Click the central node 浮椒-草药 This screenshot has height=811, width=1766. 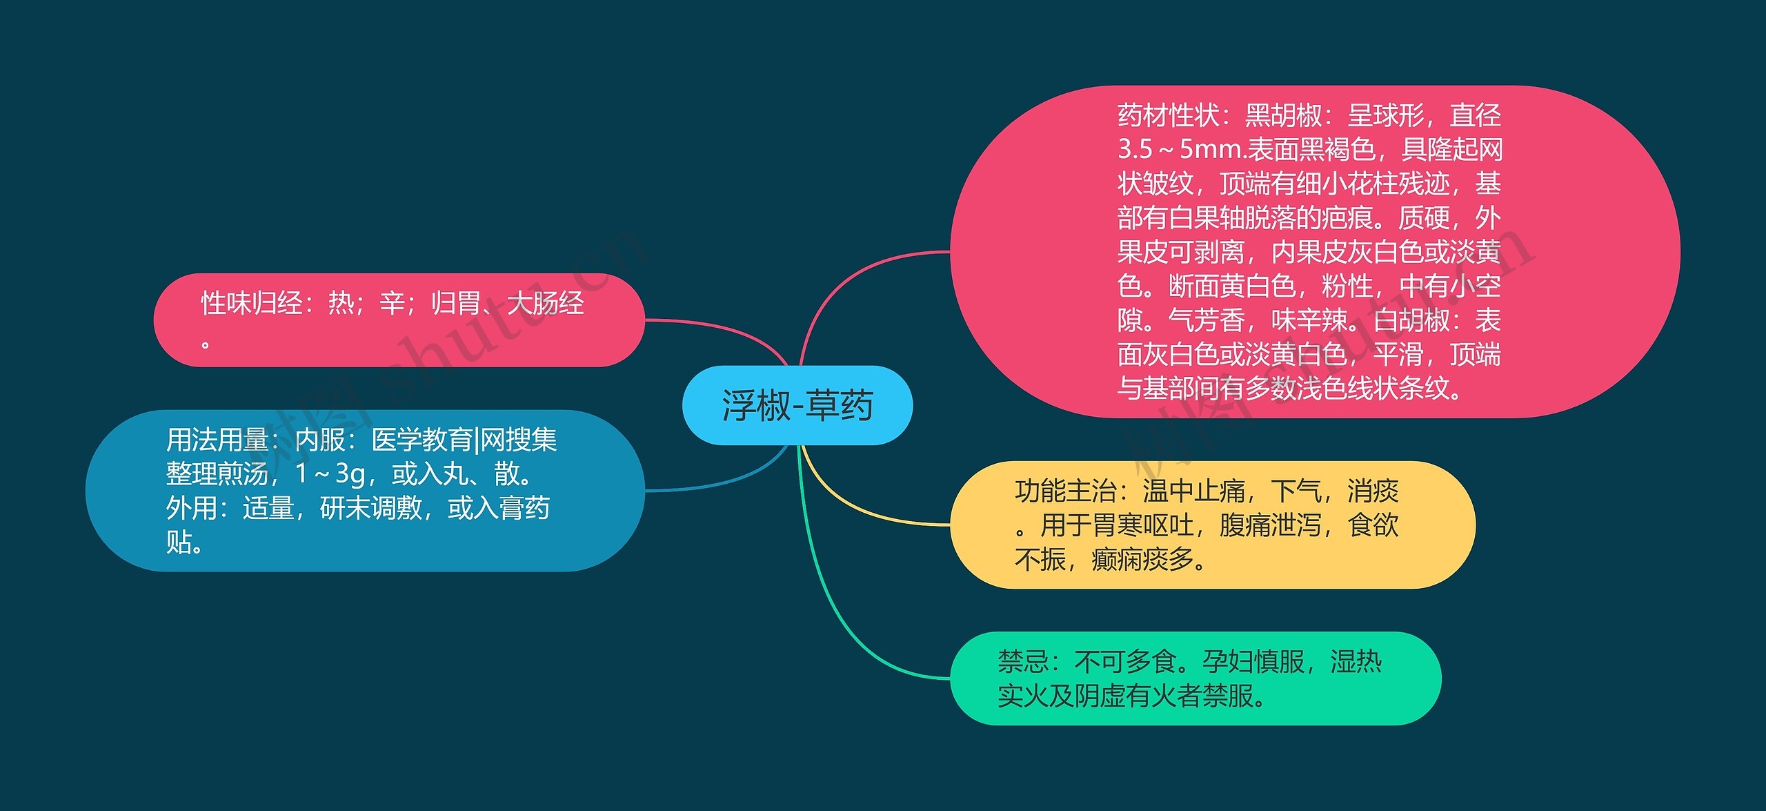pos(797,405)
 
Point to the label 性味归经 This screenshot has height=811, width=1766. pos(252,303)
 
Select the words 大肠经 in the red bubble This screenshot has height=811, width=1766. pos(546,303)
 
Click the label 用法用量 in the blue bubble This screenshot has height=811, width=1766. pos(217,440)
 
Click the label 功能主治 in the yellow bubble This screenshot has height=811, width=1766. pos(1066,491)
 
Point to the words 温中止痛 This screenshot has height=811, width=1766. pos(1194,491)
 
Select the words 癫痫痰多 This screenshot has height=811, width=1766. pos(1142,559)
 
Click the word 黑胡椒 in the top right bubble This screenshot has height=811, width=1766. pos(1283,115)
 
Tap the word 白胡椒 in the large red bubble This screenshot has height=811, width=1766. pos(1411,320)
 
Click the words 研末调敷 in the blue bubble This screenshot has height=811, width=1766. pos(371,508)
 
